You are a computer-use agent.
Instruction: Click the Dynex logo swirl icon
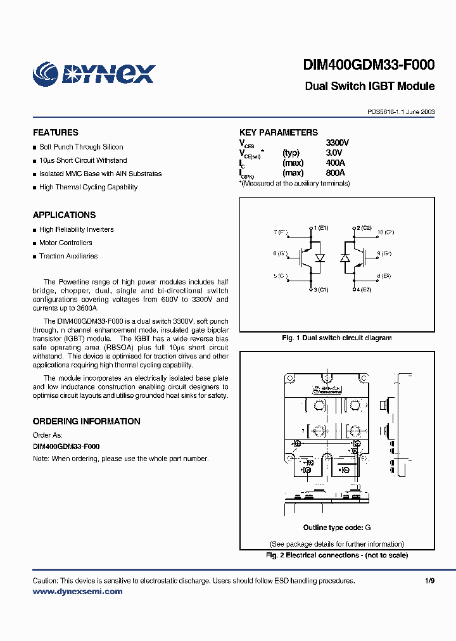46,73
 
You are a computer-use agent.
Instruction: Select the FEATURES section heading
56,132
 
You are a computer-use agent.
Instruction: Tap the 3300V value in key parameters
337,143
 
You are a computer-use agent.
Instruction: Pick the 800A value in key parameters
335,173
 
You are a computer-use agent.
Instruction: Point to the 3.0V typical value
334,153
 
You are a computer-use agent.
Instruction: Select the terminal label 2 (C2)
364,227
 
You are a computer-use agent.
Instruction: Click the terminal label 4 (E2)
364,289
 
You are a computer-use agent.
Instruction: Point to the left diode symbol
320,258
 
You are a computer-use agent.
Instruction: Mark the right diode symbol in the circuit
345,258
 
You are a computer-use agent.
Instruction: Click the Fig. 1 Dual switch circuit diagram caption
336,338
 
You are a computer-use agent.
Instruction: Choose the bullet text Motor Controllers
65,243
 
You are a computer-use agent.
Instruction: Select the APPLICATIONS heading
64,215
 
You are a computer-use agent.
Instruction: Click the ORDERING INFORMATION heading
86,421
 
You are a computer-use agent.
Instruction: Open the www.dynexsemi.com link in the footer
77,592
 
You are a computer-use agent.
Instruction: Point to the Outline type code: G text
336,528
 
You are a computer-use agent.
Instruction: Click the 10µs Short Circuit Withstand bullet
83,160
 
